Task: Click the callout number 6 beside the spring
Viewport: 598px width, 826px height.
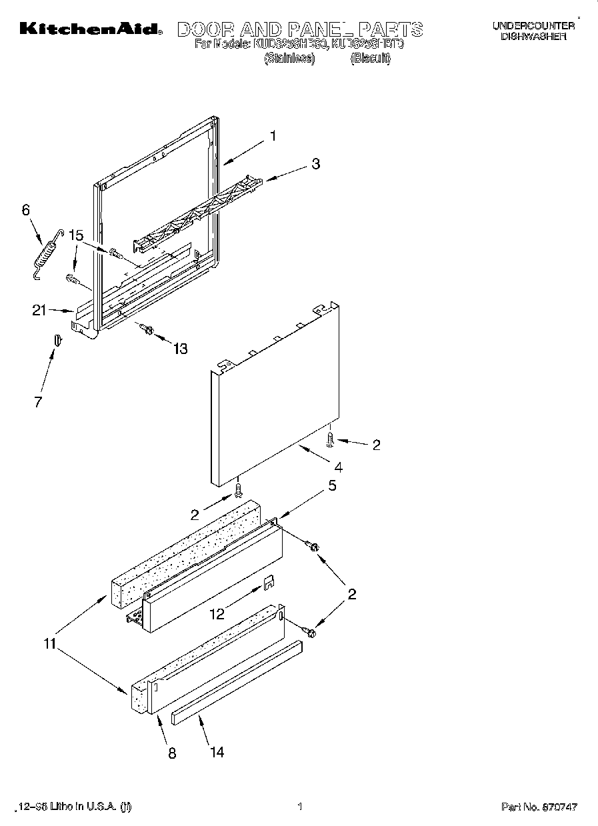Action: (26, 210)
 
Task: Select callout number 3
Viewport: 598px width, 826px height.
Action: (315, 164)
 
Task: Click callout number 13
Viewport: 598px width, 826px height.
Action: (179, 348)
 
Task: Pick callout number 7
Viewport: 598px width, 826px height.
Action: (38, 401)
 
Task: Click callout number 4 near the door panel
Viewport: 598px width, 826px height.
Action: (339, 467)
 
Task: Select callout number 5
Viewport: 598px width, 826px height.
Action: (332, 486)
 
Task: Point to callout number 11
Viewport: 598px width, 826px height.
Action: (49, 644)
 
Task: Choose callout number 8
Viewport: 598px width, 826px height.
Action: (172, 754)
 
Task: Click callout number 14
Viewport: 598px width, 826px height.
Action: (217, 752)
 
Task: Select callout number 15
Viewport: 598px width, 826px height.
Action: (76, 235)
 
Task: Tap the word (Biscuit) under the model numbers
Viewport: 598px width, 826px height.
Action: (371, 58)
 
